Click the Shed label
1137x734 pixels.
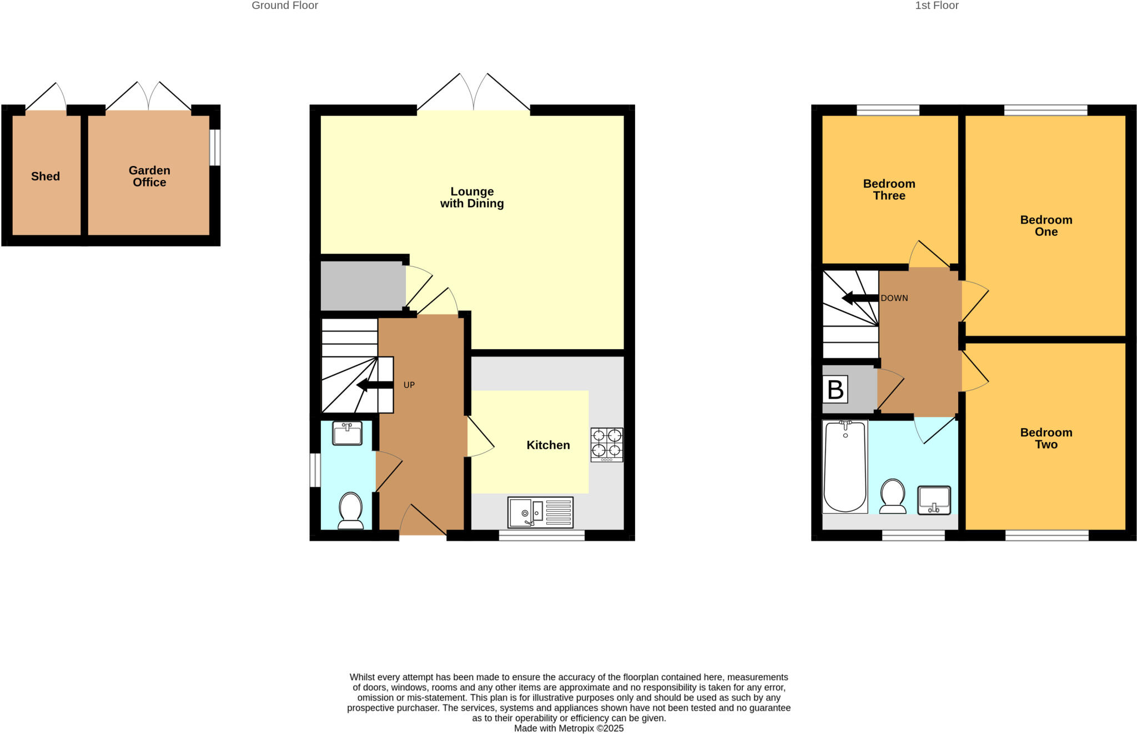coord(46,177)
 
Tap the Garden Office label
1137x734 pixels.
coord(149,177)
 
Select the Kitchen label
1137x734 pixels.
coord(548,445)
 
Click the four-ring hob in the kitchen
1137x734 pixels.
coord(607,444)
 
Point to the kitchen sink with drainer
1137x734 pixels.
coord(540,512)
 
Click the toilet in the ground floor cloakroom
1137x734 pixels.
coord(350,510)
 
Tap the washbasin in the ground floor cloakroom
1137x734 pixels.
coord(347,433)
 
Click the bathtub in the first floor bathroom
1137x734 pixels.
coord(845,466)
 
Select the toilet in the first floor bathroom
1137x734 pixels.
coord(893,495)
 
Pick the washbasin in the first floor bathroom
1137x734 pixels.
coord(934,500)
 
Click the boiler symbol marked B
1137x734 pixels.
coord(835,389)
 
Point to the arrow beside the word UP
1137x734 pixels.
coord(375,385)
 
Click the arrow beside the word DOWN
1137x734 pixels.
coord(859,298)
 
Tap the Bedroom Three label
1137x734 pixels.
coord(889,189)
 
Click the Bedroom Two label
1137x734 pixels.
coord(1046,438)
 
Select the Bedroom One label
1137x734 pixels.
coord(1046,225)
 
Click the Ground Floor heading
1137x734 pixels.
coord(285,6)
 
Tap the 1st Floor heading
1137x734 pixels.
coord(937,6)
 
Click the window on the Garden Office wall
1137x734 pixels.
coord(215,148)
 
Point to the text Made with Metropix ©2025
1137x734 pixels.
coord(568,728)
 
